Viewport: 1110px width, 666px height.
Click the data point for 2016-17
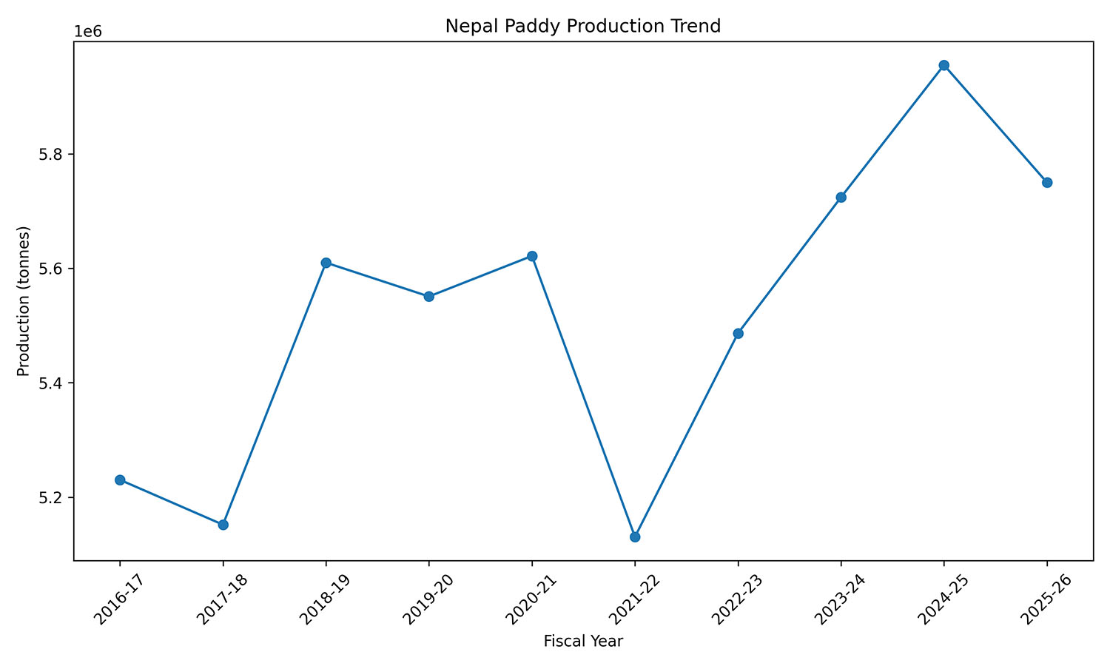click(120, 480)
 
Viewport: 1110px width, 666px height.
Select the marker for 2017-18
click(223, 525)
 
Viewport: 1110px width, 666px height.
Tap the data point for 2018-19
click(326, 263)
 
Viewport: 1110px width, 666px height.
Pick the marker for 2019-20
click(428, 297)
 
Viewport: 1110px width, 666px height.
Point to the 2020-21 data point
click(531, 256)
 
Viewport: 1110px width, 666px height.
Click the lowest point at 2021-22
click(635, 536)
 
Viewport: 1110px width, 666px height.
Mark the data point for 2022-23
click(738, 334)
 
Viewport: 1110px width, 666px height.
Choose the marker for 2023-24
click(841, 198)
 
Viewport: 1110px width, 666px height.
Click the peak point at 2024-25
click(943, 65)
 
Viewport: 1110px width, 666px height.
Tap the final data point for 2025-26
click(1047, 183)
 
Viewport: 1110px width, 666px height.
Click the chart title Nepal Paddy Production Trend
click(583, 27)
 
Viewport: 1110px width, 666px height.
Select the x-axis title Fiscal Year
click(583, 642)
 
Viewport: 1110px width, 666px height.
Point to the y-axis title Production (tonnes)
click(24, 301)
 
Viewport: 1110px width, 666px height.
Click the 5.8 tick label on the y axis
click(53, 155)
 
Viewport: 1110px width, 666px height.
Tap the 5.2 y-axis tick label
click(53, 497)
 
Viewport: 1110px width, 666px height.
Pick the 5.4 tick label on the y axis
click(53, 383)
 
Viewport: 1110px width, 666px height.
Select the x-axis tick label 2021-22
click(625, 596)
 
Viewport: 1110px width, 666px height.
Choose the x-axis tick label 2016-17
click(110, 596)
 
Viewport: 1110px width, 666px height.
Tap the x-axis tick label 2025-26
click(1037, 596)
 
